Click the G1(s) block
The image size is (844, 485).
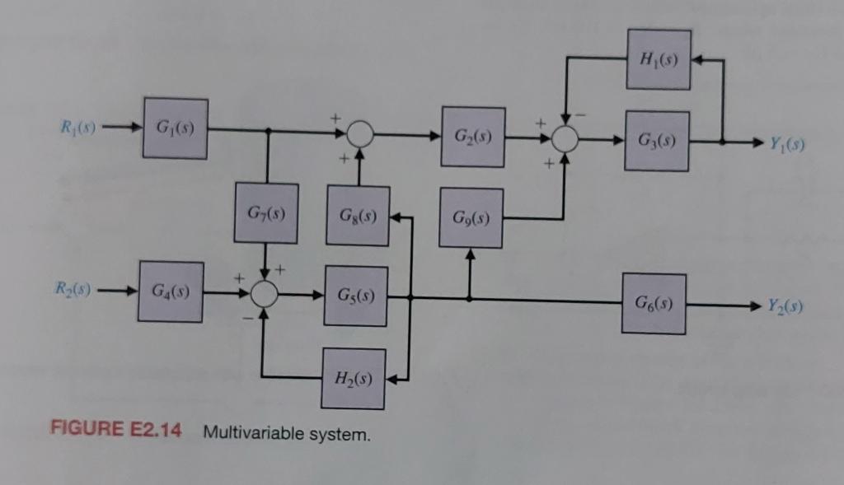[175, 128]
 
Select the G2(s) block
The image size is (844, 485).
[472, 137]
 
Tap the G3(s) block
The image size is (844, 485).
[657, 141]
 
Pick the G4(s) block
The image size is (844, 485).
[171, 291]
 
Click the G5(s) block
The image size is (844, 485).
[356, 296]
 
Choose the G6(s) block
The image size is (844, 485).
[654, 303]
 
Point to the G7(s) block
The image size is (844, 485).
[265, 213]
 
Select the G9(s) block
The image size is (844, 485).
[471, 218]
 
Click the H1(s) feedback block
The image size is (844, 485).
[659, 58]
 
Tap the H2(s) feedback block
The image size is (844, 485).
[353, 380]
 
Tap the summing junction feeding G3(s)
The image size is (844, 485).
[565, 139]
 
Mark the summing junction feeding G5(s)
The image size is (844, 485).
[265, 294]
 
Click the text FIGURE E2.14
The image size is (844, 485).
[115, 431]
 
